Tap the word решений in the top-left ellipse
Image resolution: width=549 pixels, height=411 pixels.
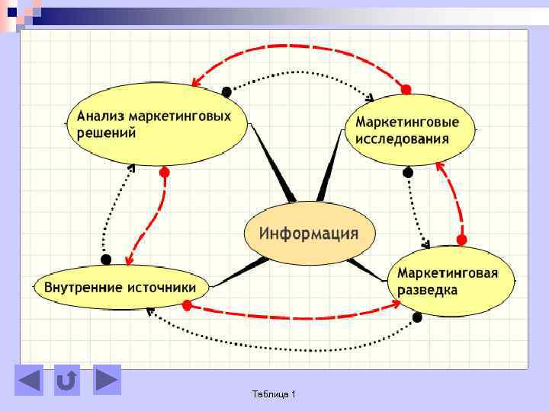[x=106, y=132]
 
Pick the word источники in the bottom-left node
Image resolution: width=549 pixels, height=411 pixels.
[x=167, y=288]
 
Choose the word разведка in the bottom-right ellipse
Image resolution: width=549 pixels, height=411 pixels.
[x=427, y=290]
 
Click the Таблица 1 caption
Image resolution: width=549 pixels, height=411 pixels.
[x=274, y=393]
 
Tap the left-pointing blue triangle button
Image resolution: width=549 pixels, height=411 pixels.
[x=29, y=380]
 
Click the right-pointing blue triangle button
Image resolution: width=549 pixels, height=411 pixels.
[x=107, y=379]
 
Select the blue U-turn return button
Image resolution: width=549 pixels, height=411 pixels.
[x=67, y=380]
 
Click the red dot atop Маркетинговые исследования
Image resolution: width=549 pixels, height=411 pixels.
[x=406, y=90]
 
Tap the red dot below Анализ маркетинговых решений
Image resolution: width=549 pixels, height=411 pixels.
[x=164, y=172]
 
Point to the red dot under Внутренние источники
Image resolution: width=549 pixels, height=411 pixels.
[x=187, y=305]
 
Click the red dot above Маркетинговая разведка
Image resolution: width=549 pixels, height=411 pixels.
[x=461, y=240]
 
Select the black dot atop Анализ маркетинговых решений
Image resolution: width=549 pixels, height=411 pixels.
[x=226, y=91]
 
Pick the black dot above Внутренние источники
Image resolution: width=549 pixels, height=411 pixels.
[x=107, y=259]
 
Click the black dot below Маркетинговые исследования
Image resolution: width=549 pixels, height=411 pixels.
[x=408, y=173]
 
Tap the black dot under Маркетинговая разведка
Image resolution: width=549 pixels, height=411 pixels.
[x=416, y=317]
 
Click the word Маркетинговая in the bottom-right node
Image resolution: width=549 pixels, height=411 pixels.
[x=448, y=273]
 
